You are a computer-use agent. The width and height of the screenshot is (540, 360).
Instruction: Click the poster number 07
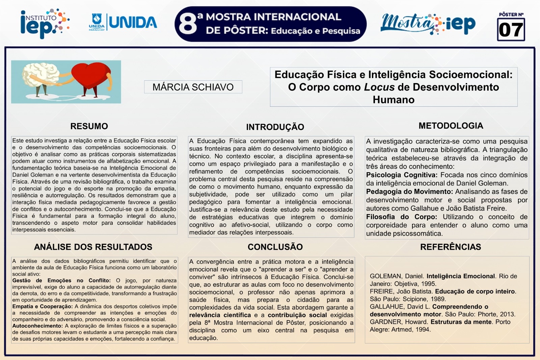point(511,30)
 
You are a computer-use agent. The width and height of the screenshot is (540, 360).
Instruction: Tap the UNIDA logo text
point(133,23)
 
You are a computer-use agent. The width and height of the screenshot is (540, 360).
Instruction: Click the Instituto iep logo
point(44,23)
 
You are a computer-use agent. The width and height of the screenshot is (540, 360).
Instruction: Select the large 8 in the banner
point(187,24)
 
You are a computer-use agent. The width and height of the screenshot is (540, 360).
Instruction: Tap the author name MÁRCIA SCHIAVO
point(193,87)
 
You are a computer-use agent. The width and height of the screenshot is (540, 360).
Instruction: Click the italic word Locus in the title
point(379,87)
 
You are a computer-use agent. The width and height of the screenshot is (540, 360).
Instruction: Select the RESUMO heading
point(89,126)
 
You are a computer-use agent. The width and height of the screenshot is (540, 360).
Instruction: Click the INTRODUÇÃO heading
point(275,127)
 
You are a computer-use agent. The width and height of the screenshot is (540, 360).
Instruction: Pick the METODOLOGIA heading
point(451,126)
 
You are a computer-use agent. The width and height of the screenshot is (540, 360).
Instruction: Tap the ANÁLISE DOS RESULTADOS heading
point(93,247)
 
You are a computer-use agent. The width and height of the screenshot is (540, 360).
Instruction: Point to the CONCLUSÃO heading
point(275,247)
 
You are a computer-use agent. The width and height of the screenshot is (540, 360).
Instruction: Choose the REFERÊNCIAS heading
point(451,247)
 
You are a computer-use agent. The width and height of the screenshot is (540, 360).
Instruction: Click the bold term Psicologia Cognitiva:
point(402,175)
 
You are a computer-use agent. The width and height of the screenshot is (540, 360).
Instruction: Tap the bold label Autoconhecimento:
point(37,326)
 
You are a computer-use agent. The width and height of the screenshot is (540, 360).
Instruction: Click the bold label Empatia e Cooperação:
point(43,307)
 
